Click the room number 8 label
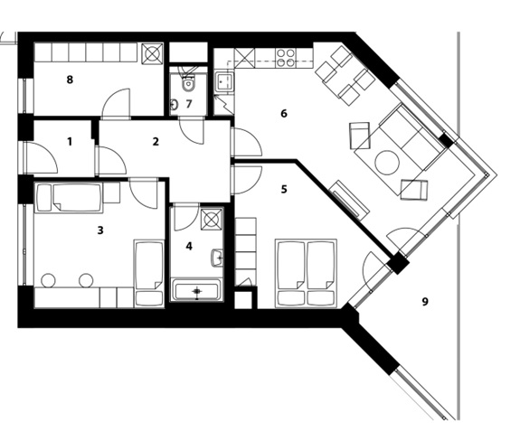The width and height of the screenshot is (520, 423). (x=70, y=80)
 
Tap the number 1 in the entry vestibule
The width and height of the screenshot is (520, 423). (x=70, y=142)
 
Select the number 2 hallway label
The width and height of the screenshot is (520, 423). (x=156, y=142)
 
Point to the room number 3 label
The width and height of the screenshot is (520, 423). (x=100, y=230)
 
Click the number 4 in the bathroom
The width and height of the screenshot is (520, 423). (x=189, y=247)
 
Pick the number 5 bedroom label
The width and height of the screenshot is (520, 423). (x=284, y=189)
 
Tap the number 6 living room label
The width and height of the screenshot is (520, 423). (x=284, y=114)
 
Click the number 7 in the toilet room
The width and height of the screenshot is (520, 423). (x=189, y=104)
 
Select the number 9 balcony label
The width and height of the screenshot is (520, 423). (x=425, y=302)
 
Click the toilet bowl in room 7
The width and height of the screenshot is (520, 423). (x=188, y=83)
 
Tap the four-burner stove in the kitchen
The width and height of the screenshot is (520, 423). (x=286, y=58)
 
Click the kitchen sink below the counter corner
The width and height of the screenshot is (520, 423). (x=224, y=81)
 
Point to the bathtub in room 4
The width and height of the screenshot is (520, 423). (x=197, y=291)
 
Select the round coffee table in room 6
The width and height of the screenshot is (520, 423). (x=387, y=163)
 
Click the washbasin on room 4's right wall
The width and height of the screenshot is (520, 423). (x=216, y=257)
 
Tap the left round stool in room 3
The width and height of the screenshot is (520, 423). (x=48, y=280)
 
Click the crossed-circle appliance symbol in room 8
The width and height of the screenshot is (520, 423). (x=152, y=53)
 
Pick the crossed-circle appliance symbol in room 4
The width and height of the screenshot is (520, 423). (x=212, y=219)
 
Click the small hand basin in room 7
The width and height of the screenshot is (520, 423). (x=174, y=105)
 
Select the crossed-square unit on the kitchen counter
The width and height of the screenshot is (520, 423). (x=245, y=58)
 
